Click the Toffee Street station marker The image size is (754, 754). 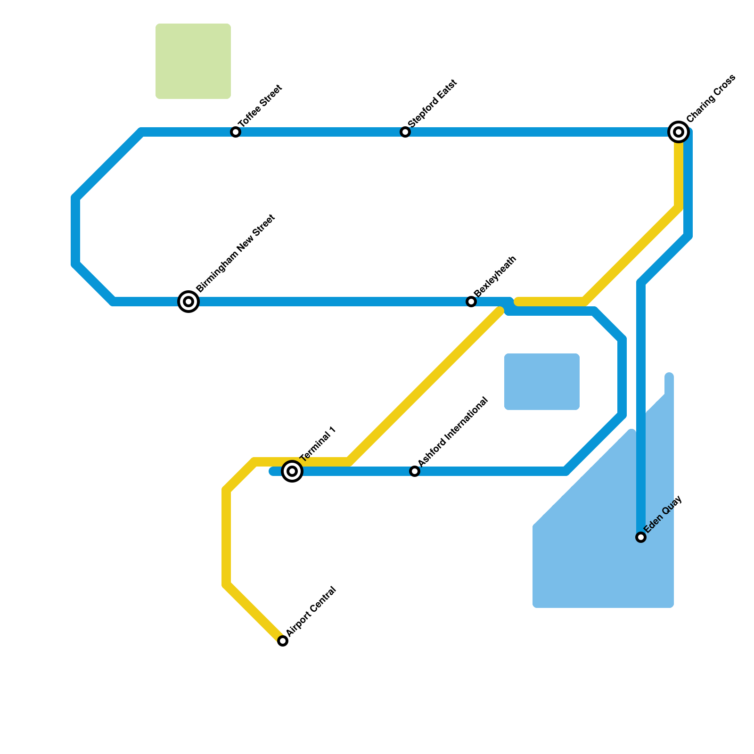coord(236,132)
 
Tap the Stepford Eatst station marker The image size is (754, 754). coord(405,132)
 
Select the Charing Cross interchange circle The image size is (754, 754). coord(679,132)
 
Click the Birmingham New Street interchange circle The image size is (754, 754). coord(188,302)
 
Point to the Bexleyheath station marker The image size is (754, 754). coord(471,302)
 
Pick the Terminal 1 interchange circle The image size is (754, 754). coord(292,471)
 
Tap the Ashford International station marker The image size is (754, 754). coord(415,471)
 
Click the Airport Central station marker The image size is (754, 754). coord(283,641)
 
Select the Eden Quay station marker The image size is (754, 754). coord(641,537)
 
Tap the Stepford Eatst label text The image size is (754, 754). coord(433,103)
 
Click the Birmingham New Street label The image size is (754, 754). coord(235,254)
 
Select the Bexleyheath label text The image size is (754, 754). coord(495,276)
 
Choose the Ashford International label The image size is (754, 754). coord(452,432)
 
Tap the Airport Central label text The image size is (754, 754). coord(311,611)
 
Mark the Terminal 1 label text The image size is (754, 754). coord(318,443)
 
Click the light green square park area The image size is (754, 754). coord(193,61)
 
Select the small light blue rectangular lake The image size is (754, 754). coord(542,382)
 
